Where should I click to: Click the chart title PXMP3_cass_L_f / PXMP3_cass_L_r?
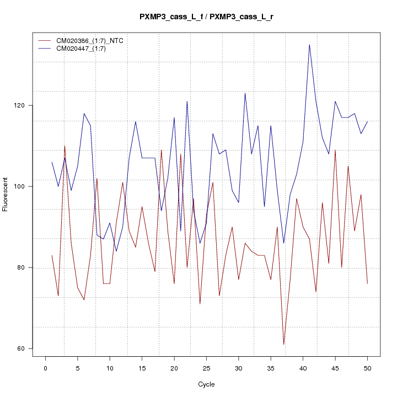(x=206, y=17)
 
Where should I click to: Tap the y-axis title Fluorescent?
(x=6, y=194)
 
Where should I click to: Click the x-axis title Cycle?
(x=206, y=384)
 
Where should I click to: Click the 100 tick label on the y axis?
(x=22, y=186)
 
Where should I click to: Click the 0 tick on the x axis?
(x=45, y=368)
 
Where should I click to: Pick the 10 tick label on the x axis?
(x=110, y=368)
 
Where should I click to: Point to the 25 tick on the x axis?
(x=206, y=368)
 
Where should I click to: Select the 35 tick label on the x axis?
(x=271, y=368)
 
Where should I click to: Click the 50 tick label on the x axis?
(x=367, y=368)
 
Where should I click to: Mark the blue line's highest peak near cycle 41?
(x=309, y=45)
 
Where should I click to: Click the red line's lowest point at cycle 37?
(x=283, y=344)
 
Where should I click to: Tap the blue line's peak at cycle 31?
(x=245, y=93)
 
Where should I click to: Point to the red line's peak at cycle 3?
(x=65, y=146)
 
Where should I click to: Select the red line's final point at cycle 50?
(x=367, y=283)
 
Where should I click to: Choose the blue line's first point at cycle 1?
(x=52, y=162)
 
